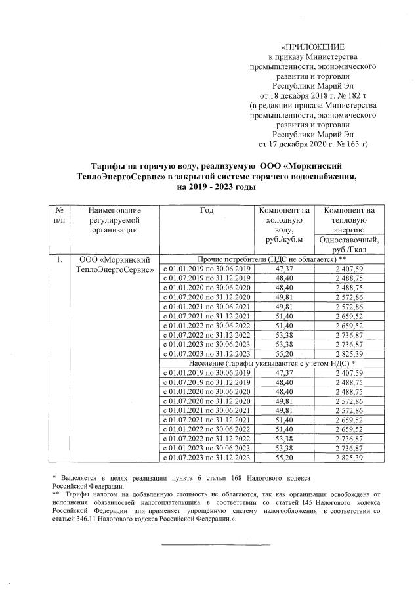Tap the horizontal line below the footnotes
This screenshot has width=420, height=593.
pos(216,544)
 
